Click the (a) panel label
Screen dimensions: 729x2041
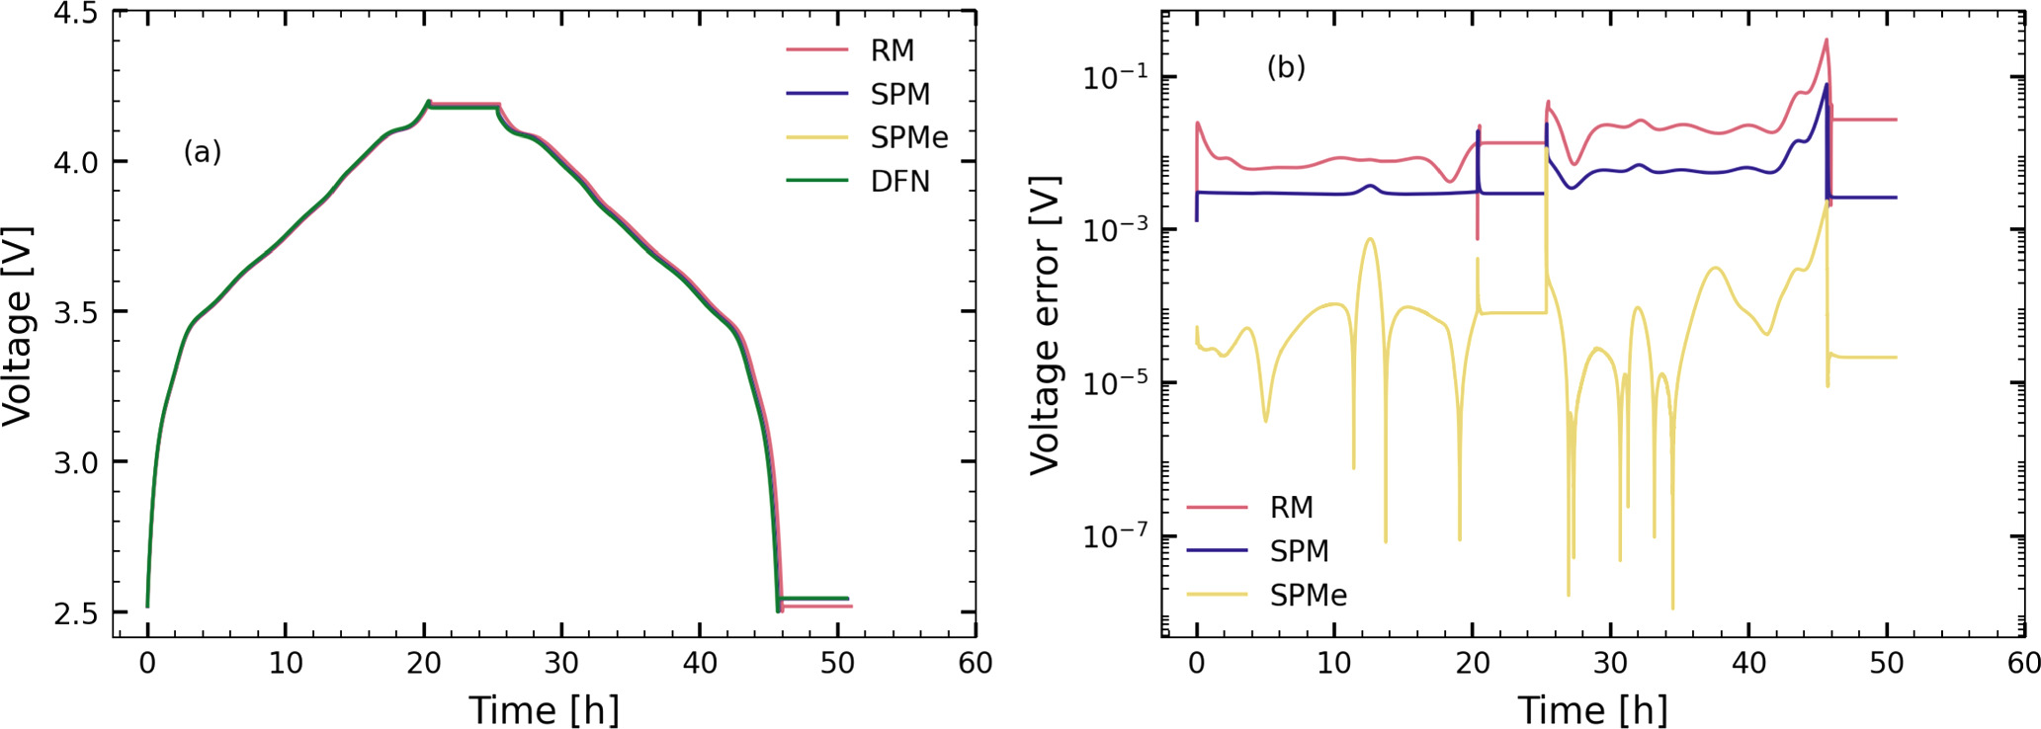tap(203, 152)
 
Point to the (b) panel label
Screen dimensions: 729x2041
tap(1286, 67)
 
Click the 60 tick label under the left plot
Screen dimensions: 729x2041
tap(975, 663)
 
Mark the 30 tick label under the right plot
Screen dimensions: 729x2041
tap(1610, 663)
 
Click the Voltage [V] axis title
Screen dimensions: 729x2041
tap(18, 326)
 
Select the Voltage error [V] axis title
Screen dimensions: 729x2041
tap(1045, 326)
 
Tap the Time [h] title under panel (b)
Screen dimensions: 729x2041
tap(1592, 710)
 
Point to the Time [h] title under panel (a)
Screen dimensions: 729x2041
tap(544, 710)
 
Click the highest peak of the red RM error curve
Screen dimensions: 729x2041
tap(1826, 40)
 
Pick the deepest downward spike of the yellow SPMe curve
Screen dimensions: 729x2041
tap(1672, 607)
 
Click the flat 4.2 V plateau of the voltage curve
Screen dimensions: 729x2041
tap(463, 105)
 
